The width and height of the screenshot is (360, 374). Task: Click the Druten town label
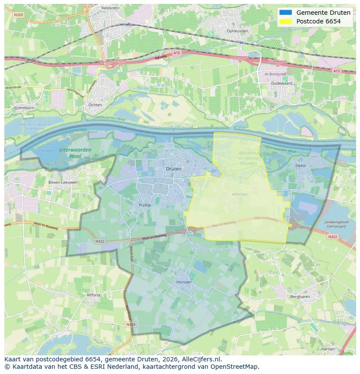click(174, 169)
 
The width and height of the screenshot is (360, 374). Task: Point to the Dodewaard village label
click(282, 83)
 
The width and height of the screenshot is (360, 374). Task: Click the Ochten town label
click(95, 105)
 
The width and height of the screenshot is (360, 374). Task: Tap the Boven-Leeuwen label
click(63, 182)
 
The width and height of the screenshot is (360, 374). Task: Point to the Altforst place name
click(93, 295)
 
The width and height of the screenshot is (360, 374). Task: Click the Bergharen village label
click(300, 297)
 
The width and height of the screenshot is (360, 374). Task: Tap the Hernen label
click(328, 349)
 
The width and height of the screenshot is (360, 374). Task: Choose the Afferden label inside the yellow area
click(240, 194)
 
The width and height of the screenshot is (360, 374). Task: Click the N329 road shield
click(131, 324)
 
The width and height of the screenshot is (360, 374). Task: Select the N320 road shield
click(18, 14)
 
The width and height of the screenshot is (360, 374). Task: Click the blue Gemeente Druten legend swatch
click(286, 12)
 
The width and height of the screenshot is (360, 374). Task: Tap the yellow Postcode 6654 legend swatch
click(286, 21)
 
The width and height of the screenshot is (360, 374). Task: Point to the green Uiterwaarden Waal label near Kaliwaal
click(75, 152)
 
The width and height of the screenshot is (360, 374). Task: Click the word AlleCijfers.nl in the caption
click(202, 359)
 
